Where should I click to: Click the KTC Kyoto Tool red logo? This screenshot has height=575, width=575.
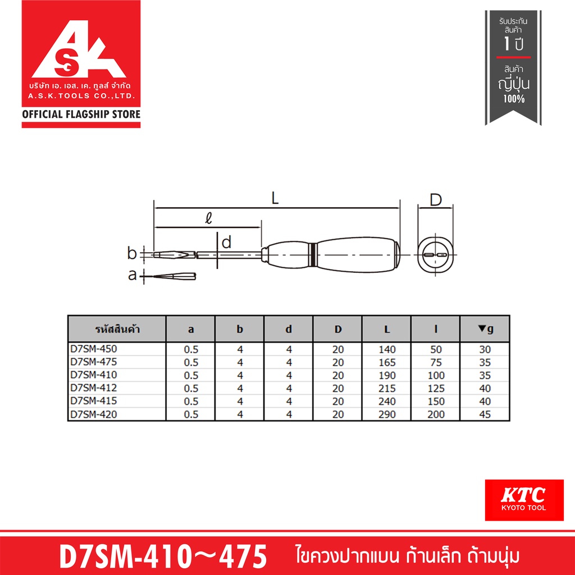click(524, 500)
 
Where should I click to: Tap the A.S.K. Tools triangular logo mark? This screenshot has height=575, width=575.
click(79, 49)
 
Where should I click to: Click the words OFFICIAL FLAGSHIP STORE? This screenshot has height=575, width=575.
click(81, 114)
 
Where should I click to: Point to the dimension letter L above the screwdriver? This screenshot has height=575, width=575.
click(275, 198)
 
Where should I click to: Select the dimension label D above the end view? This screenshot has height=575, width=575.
click(436, 200)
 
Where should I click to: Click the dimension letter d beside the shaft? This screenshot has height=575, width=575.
click(227, 243)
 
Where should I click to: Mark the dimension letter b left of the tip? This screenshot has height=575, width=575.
click(132, 253)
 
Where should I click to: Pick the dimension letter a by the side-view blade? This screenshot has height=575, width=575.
click(133, 275)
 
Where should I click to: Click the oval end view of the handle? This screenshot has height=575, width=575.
click(435, 255)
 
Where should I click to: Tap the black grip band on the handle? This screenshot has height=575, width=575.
click(312, 254)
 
